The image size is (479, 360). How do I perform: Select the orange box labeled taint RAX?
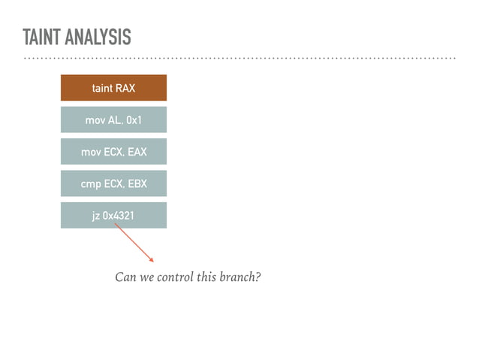coord(113,88)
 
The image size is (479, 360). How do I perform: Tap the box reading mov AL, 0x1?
coord(113,120)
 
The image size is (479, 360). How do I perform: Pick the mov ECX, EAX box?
coord(113,152)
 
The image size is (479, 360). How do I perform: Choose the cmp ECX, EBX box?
coord(113,183)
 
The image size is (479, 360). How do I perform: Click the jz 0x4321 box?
coord(113,216)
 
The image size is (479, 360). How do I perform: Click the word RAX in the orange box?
coord(125,88)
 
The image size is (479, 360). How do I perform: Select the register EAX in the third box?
coord(137,152)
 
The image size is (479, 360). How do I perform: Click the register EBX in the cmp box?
coord(136,183)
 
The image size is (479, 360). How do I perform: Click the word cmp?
coord(91,184)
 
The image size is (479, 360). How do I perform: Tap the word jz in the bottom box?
coord(96,216)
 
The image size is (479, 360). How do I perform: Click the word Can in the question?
coord(125,277)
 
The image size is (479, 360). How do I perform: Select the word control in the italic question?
coord(178,277)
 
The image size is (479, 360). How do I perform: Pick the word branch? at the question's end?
coord(240,277)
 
